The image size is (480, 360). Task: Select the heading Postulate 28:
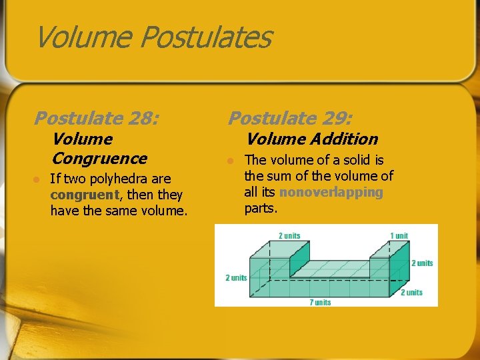tap(97, 119)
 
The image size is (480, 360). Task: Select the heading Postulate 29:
tap(291, 119)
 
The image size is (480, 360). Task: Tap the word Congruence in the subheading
tap(99, 159)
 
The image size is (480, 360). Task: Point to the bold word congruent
tap(84, 195)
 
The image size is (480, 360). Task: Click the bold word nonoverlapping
tap(331, 193)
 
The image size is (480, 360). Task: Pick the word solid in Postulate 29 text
tap(355, 160)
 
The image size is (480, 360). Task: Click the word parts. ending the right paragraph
tap(261, 209)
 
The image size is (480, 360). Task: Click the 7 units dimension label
tap(320, 302)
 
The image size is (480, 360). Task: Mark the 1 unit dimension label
tap(399, 235)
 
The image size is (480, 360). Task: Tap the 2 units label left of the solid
tap(236, 277)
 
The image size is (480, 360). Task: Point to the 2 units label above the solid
tap(289, 235)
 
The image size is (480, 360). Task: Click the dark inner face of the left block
tap(299, 257)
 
